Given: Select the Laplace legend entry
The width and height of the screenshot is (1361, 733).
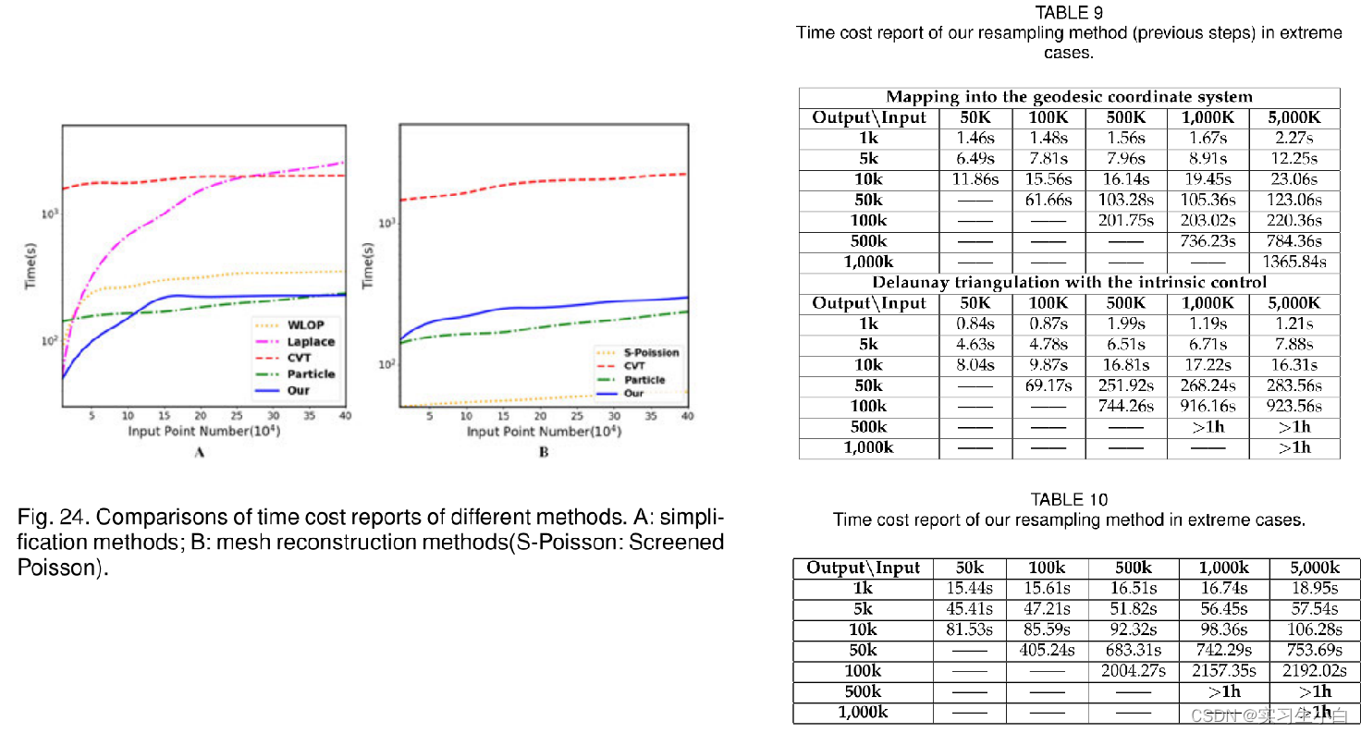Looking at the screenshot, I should pos(311,342).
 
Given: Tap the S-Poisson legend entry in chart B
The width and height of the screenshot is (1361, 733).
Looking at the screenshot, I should pos(651,352).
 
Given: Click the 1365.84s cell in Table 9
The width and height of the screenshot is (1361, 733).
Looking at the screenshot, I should pos(1294,262).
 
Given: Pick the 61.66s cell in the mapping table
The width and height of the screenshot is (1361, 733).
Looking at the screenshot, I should pos(1048,200).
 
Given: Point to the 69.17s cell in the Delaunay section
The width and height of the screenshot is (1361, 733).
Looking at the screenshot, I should pos(1048,385).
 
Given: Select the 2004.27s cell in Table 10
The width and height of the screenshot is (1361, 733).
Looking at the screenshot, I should pos(1134,671).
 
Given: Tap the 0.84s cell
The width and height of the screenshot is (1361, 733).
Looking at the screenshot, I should pos(975,324).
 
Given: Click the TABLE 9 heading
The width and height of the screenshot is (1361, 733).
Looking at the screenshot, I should pos(1069,13).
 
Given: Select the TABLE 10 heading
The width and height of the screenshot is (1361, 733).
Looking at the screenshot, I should pos(1069,500).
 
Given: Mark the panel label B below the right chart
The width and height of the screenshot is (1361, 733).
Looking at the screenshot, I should pos(544,453).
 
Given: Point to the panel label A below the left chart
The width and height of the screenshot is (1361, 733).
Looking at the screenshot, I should pos(199,453).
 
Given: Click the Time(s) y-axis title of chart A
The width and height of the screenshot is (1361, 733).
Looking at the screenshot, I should pos(31,266).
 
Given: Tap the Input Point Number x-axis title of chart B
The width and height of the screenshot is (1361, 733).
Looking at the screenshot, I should pos(543,432).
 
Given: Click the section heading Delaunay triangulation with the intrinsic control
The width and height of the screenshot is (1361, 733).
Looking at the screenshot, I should pos(1069,282).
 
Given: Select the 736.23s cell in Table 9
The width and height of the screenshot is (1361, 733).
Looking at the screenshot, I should pos(1208,241).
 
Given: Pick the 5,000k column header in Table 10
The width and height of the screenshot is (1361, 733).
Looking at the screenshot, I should pos(1314,568).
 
